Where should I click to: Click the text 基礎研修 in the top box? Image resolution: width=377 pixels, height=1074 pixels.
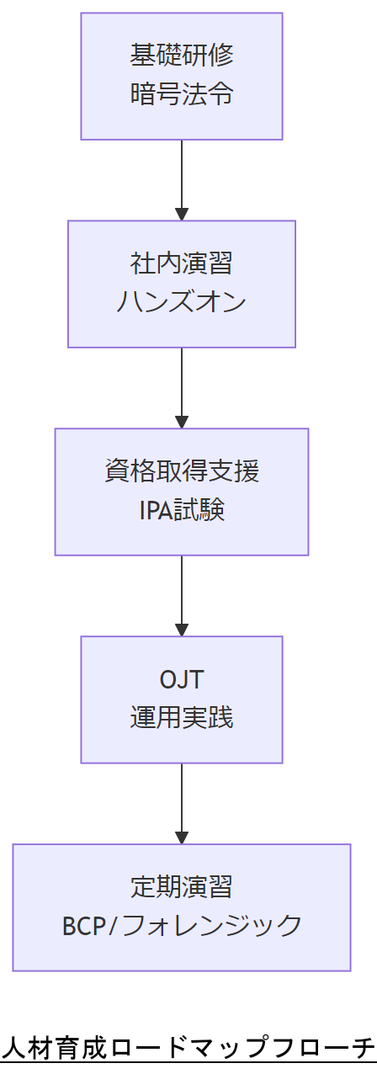pos(182,56)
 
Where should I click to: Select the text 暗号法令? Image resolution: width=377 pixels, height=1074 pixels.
pos(182,94)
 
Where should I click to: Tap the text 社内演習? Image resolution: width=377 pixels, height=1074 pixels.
pos(182,263)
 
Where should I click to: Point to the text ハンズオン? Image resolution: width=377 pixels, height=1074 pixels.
pos(182,302)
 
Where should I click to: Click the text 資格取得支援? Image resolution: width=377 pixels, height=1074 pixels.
pos(182,471)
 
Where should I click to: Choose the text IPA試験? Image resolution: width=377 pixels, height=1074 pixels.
pos(182,510)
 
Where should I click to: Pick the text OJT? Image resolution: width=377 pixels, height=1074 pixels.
pos(182,679)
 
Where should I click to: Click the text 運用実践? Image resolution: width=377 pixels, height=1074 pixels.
pos(182,718)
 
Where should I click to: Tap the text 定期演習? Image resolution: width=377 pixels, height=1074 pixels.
pos(182,887)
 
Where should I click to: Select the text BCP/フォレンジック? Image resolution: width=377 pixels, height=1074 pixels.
pos(182,926)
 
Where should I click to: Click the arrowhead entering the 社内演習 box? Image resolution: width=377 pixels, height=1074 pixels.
pos(182,215)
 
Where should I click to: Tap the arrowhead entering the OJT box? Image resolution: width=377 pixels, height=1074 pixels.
pos(182,630)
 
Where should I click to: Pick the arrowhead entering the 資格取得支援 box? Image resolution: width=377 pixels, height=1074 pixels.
pos(182,423)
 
